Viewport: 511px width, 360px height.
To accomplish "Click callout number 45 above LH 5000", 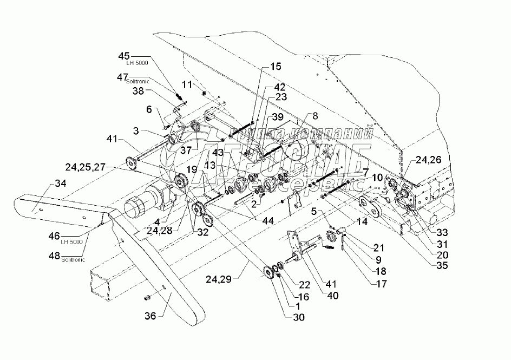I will tap(123, 56).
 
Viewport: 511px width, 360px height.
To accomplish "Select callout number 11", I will tap(186, 84).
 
